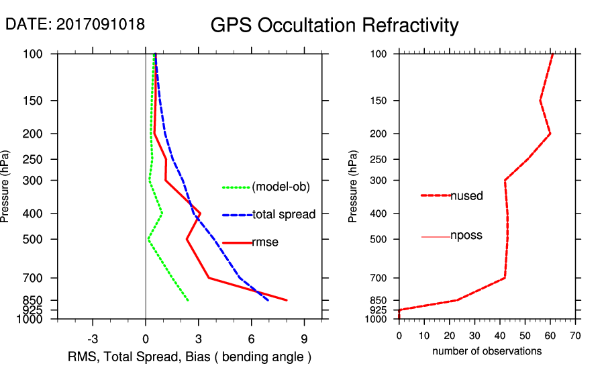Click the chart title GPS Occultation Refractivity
point(334,26)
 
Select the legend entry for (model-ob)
point(281,187)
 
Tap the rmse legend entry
point(264,242)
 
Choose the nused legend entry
point(466,195)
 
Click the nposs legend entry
point(466,236)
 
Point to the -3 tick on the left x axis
point(93,338)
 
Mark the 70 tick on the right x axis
point(575,335)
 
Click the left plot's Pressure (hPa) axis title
point(6,186)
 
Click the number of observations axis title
point(487,351)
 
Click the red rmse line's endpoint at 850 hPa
point(287,300)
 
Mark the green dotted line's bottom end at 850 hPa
point(188,300)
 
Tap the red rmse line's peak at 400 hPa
point(201,214)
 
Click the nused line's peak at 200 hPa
point(550,134)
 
